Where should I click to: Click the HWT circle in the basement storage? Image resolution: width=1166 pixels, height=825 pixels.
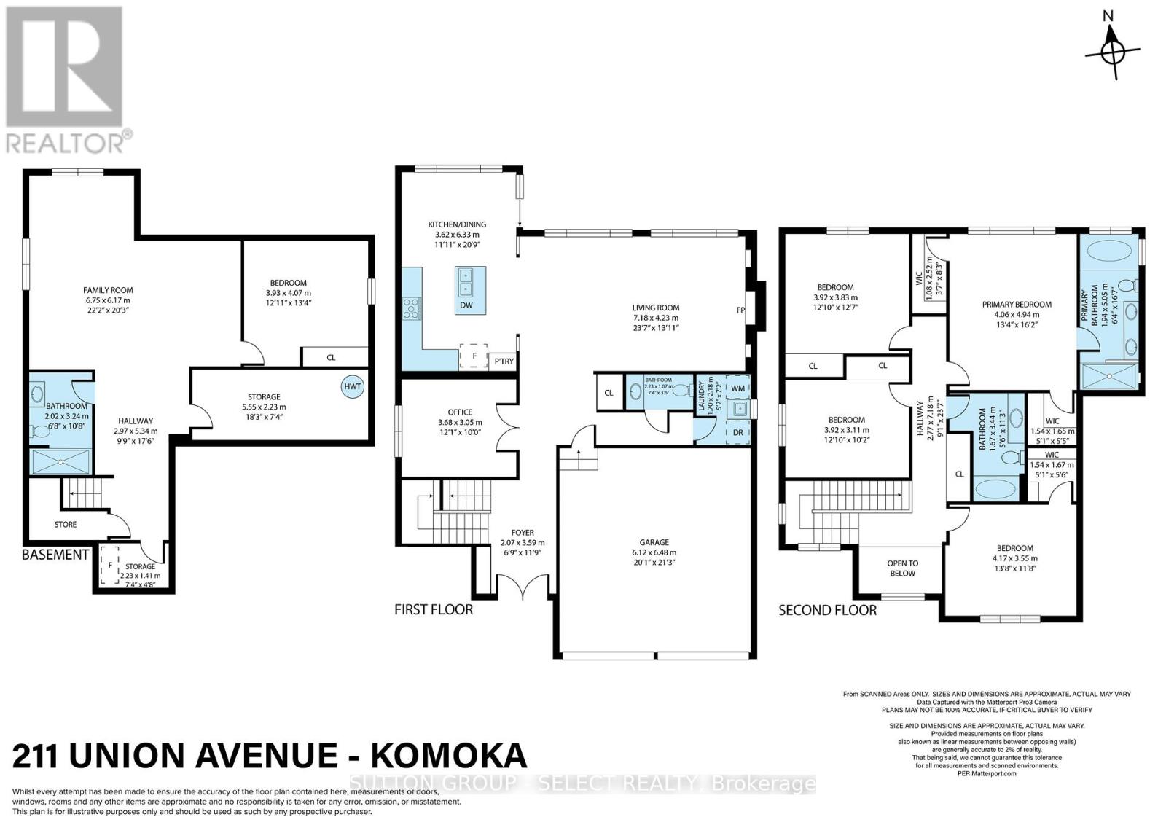353,386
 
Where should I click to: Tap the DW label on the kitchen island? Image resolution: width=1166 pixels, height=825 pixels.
466,305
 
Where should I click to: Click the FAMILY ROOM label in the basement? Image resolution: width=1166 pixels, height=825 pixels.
108,290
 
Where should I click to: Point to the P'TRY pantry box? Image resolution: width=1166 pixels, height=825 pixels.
504,361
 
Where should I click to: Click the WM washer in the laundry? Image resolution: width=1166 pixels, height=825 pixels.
737,388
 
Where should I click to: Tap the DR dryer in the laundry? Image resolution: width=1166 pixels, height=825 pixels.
737,432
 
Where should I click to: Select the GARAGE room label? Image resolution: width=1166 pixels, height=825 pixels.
654,542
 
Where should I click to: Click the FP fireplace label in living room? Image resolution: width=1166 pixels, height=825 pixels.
740,310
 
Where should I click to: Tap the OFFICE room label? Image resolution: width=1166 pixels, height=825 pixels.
460,412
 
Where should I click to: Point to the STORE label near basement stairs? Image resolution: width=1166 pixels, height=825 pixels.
66,524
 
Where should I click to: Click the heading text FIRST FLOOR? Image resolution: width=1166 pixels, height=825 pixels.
434,609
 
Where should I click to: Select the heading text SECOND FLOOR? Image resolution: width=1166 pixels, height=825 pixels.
827,610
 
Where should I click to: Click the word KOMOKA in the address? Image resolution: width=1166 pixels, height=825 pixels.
449,756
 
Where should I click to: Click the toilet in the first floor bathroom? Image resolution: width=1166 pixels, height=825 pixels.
681,391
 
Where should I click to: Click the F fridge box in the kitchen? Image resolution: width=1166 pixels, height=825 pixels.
474,356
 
